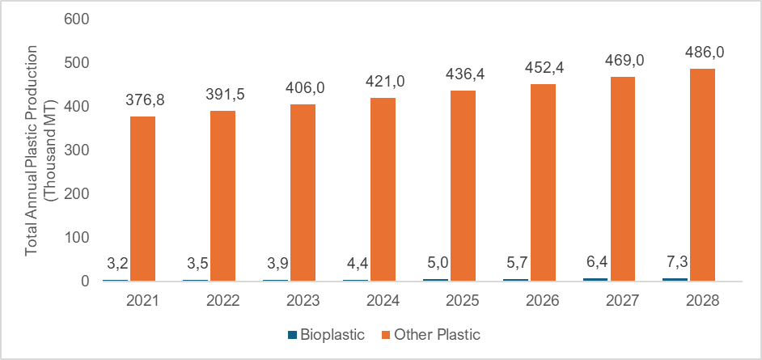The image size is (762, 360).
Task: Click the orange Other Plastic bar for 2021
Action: coord(142,199)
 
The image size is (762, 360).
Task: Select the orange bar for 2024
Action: coord(383,189)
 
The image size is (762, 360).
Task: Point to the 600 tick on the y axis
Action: coord(76,19)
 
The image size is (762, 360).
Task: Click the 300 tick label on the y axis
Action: coord(76,150)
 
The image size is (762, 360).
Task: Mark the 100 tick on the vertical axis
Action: coord(76,238)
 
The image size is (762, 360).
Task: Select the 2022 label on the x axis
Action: coord(222,302)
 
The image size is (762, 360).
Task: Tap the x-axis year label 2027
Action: coord(623,302)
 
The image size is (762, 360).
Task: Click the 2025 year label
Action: coord(463,302)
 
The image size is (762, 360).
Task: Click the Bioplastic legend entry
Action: coord(325,333)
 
